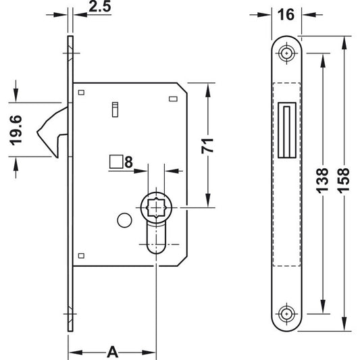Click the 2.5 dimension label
point(100,7)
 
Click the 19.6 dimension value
point(16,130)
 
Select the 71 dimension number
point(207,146)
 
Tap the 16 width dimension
point(286,15)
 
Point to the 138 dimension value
point(322,180)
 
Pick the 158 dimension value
point(343,180)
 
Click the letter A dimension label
point(113,352)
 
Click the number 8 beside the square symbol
point(128,162)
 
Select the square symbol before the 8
point(116,161)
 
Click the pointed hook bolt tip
point(37,132)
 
